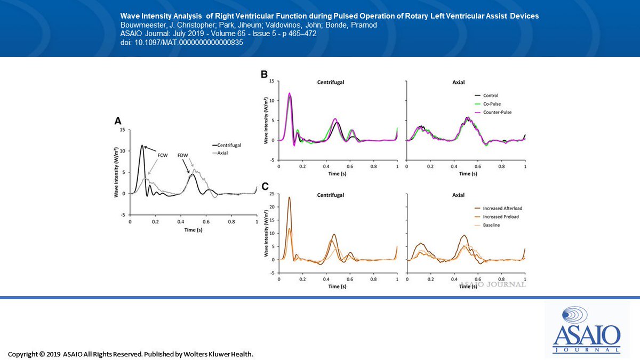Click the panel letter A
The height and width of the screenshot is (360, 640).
click(x=118, y=122)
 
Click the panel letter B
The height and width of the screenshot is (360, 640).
click(x=264, y=75)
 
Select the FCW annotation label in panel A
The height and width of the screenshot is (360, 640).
click(x=162, y=155)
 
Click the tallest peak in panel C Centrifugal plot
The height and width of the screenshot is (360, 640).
click(x=289, y=198)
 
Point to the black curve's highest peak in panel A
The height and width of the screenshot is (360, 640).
click(x=142, y=145)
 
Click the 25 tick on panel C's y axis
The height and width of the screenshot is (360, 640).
click(x=273, y=194)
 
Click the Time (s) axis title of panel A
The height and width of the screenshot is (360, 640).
click(x=193, y=229)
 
